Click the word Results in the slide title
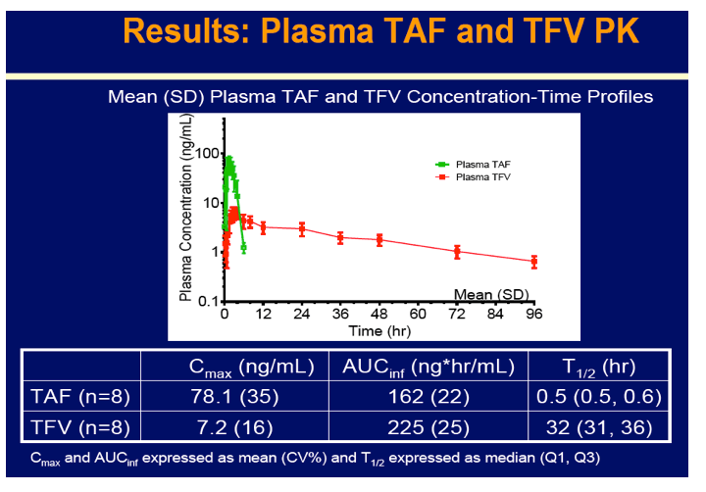click(186, 31)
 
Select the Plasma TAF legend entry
click(473, 165)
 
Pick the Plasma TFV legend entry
click(473, 176)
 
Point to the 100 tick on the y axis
click(208, 153)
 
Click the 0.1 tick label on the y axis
click(209, 301)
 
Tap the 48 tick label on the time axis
click(379, 314)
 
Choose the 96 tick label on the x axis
click(534, 314)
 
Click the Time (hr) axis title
click(379, 331)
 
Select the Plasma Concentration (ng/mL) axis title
click(186, 207)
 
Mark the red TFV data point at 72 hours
click(457, 252)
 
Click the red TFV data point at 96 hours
click(534, 262)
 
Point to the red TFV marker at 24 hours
click(302, 228)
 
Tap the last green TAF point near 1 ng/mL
click(243, 248)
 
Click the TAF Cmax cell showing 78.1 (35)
click(234, 397)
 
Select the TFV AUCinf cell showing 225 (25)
click(429, 427)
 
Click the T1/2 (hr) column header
click(599, 367)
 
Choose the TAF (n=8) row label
click(80, 397)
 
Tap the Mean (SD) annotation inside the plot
click(491, 294)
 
